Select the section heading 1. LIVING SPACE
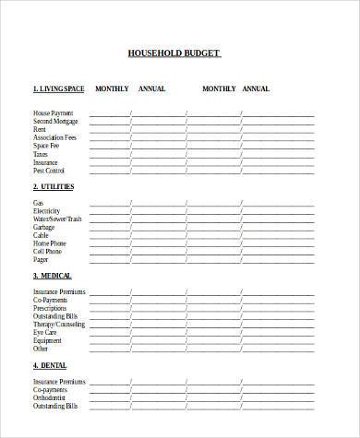click(58, 89)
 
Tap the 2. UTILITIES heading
click(54, 186)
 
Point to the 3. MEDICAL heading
click(53, 276)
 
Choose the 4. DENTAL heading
click(50, 365)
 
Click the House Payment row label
click(52, 113)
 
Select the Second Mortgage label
click(55, 122)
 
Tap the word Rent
click(40, 130)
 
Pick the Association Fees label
click(54, 138)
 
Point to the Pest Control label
click(50, 171)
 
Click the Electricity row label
click(46, 211)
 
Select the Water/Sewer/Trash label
click(57, 219)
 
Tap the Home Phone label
click(49, 243)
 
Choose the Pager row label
click(42, 259)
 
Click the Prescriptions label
click(51, 308)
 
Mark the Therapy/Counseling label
click(59, 325)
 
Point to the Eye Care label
click(45, 333)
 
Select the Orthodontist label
click(52, 397)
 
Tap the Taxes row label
click(42, 154)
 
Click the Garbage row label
click(44, 227)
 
